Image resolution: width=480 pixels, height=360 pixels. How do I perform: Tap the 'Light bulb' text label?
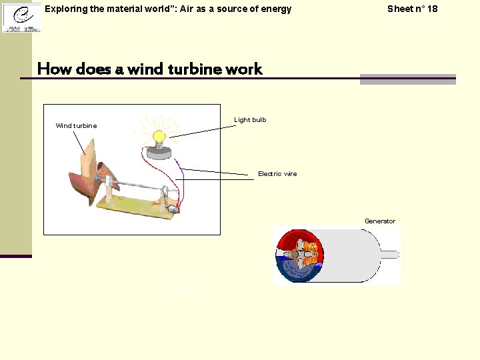coord(250,120)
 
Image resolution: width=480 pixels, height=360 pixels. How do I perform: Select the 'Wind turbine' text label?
coord(76,126)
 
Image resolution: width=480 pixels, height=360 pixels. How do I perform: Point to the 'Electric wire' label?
coord(277,174)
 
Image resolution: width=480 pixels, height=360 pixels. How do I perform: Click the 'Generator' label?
coord(380,221)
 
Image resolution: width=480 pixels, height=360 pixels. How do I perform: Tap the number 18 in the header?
coord(433,9)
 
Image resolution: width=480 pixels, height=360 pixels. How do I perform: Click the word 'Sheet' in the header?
coord(401,9)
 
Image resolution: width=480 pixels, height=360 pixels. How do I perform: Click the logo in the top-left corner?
coord(21,17)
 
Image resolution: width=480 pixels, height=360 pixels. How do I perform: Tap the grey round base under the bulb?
coord(159,153)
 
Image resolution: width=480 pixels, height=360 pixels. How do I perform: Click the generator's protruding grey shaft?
coord(390,254)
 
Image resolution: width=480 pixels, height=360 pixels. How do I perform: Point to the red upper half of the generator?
coord(300,239)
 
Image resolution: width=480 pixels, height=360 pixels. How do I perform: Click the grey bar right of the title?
coord(407,79)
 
